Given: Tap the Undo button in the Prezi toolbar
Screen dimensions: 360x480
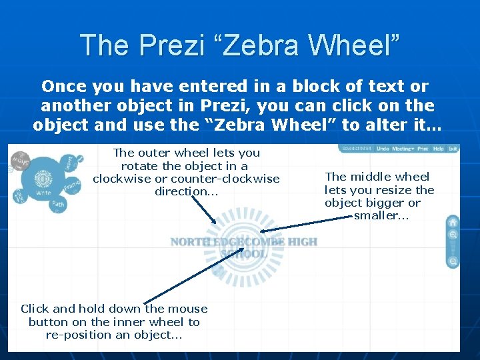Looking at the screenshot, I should click(383, 149).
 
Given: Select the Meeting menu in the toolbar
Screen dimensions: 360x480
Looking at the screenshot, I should click(403, 149).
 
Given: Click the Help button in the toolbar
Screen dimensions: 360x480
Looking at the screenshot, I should click(439, 149).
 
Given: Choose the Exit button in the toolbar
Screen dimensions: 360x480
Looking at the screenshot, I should click(453, 149).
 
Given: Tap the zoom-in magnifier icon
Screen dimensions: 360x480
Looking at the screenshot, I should click(453, 235).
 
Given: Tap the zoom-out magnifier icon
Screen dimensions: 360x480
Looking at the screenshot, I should click(453, 262).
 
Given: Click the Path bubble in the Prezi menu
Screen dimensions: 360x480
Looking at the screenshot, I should click(58, 203).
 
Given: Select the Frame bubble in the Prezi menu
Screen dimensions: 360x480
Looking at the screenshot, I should click(72, 183).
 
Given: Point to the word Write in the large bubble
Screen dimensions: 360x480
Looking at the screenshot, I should click(43, 193).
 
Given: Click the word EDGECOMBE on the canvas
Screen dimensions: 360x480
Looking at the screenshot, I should click(247, 241).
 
